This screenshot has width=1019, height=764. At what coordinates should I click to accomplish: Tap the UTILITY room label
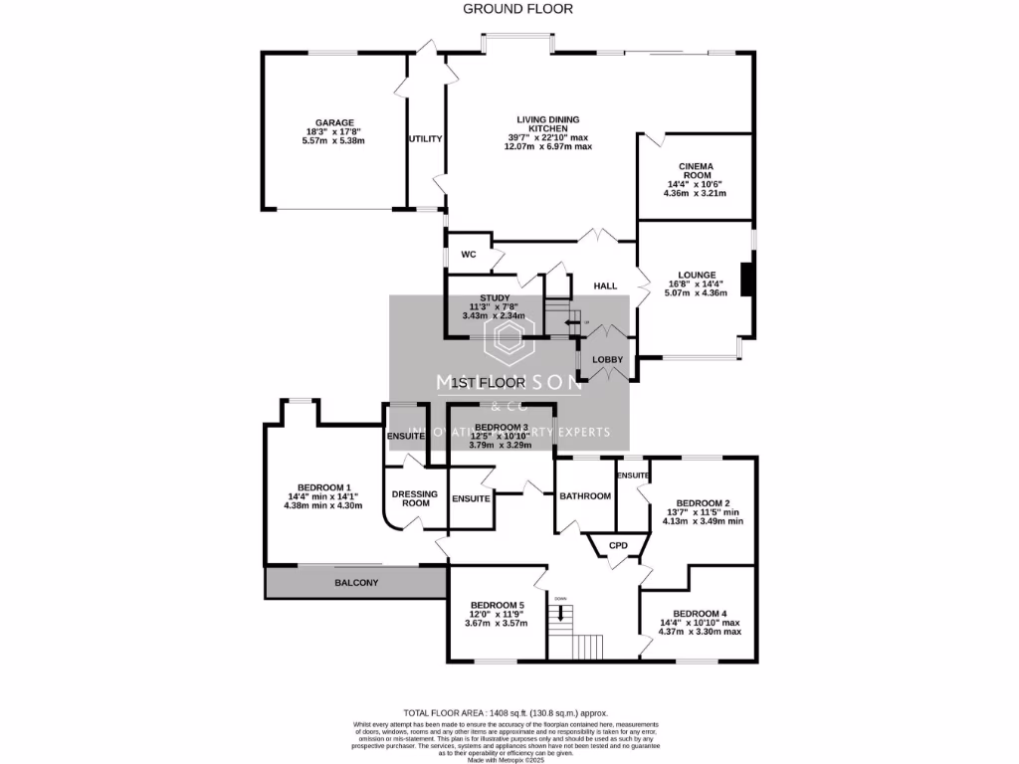pos(425,139)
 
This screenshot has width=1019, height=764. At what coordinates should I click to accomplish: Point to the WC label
pos(468,256)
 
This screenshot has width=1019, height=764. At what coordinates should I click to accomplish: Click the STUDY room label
pos(495,297)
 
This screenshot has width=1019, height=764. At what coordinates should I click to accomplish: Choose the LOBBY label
pos(608,360)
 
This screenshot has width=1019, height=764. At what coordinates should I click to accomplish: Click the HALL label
pos(606,286)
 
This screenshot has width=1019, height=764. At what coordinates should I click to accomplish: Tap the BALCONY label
pos(354,583)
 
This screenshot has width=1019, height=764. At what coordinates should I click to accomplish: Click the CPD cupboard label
pos(618,545)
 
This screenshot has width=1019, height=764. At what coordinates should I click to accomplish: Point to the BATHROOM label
pos(585,496)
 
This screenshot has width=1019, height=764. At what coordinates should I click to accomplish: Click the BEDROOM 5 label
pos(497,605)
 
